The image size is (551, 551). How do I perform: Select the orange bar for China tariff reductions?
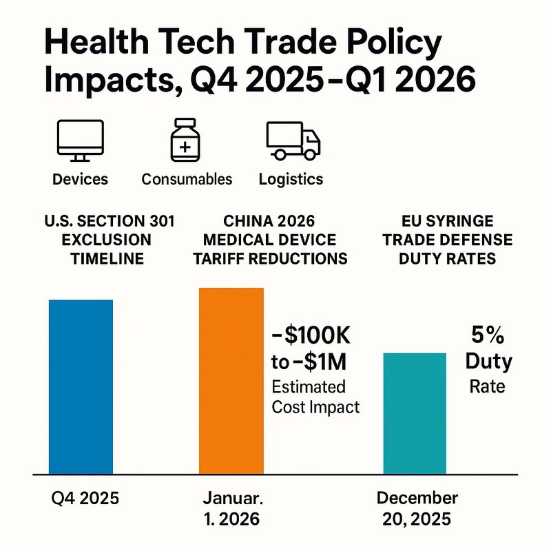[231, 380]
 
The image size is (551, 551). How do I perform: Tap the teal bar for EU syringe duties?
[414, 413]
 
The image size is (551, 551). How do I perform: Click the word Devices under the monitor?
[81, 179]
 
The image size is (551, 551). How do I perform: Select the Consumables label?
[187, 179]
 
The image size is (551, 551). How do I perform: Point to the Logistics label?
[291, 179]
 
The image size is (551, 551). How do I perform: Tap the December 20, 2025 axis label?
[417, 508]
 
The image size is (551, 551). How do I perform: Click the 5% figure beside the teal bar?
[487, 335]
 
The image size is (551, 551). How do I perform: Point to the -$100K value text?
[312, 339]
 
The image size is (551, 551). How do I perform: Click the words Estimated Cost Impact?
[315, 397]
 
